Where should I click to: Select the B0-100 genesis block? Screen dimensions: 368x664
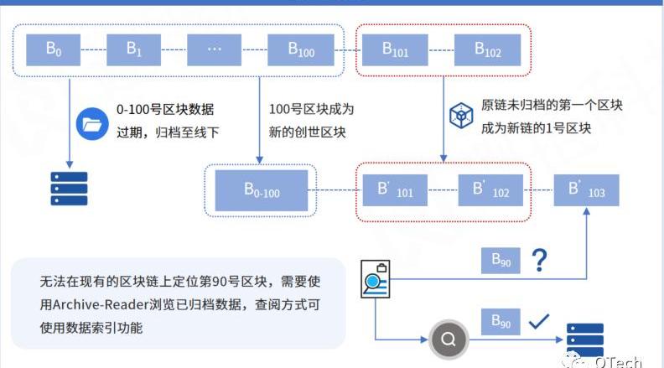(x=262, y=190)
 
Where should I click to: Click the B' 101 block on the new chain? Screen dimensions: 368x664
(x=395, y=190)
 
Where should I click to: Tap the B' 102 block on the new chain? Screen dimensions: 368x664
(x=490, y=190)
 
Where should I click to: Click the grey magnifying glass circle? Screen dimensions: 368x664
(x=448, y=339)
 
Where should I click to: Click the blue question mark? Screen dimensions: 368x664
(x=539, y=261)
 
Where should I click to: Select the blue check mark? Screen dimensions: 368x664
(x=537, y=321)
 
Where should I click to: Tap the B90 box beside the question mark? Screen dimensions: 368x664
(x=501, y=261)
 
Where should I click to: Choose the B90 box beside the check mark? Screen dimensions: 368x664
(x=501, y=321)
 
